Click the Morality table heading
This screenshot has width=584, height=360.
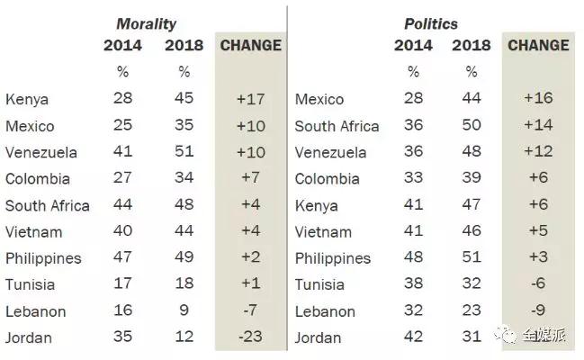pos(147,23)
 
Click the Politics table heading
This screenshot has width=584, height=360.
pos(430,23)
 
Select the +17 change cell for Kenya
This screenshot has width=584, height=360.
pos(250,99)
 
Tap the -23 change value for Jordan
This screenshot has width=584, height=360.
pos(250,337)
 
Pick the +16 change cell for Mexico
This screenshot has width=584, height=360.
pos(537,99)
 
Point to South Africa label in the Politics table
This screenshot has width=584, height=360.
pos(337,126)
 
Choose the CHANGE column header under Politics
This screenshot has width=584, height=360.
pos(538,45)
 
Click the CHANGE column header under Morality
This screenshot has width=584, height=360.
pos(250,45)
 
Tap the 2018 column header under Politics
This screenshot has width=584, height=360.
pos(472,45)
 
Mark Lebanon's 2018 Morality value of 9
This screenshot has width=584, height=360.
pos(185,310)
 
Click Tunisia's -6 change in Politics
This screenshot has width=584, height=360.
pos(537,284)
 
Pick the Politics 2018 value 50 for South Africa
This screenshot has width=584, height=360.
pos(472,126)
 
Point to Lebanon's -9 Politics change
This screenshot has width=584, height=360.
pos(537,310)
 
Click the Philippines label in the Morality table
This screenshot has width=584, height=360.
pos(43,258)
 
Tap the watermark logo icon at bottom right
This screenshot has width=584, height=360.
pos(510,336)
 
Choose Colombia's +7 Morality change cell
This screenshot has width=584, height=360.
pos(250,178)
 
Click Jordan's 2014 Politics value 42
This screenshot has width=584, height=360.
pos(413,337)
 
